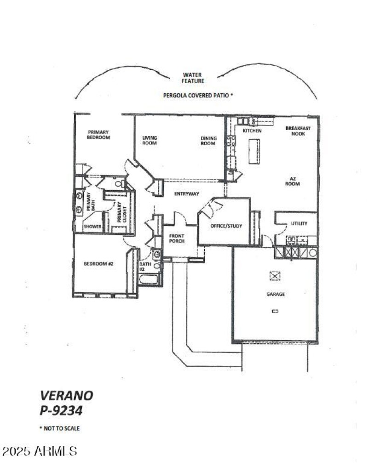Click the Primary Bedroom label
pos(99,134)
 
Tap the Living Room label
pos(149,140)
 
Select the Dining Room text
pos(208,140)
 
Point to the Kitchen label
pos(252,131)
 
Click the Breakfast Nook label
pos(298,131)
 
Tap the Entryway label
pos(187,194)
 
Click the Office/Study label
pos(226,226)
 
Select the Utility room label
pos(299,224)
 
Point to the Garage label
pos(276,294)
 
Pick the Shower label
pos(92,227)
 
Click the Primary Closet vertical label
pos(121,212)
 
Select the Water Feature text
pos(193,78)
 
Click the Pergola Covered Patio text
pos(198,96)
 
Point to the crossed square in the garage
pos(275,276)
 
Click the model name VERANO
pos(66,395)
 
